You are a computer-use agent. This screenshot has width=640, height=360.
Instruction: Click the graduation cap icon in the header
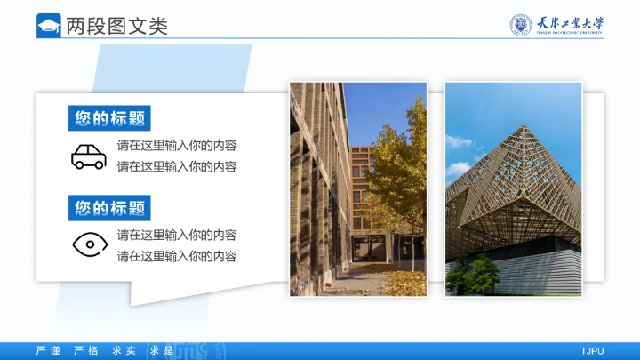[49, 26]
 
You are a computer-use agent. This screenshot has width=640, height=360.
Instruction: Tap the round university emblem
[519, 25]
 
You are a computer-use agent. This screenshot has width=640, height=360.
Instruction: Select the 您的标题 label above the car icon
[109, 118]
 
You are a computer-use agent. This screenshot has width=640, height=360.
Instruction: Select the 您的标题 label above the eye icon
[109, 208]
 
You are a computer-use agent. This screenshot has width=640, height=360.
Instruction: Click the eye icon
[89, 244]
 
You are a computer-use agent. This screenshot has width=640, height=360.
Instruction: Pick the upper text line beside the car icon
[177, 145]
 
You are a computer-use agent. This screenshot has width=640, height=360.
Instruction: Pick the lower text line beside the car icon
[177, 166]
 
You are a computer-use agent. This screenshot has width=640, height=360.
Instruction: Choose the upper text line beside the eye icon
[177, 235]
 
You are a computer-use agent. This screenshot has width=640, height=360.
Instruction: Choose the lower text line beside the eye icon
[177, 256]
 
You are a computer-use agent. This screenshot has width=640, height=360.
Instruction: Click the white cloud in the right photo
[458, 142]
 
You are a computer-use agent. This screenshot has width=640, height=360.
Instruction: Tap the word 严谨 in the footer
[48, 351]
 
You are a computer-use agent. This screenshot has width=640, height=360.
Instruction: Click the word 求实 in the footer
[124, 351]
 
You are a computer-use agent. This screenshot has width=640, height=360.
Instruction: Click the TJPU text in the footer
[592, 351]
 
